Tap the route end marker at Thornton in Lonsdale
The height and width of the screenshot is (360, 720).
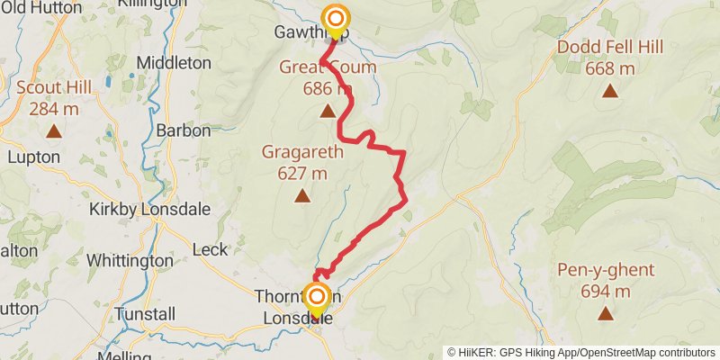[x=316, y=296]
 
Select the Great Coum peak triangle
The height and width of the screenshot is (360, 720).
[x=328, y=112]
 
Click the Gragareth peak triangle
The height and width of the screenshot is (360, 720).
[x=302, y=196]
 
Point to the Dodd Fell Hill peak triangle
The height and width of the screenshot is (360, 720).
[x=610, y=90]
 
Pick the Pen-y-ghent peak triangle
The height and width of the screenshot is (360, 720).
[x=605, y=313]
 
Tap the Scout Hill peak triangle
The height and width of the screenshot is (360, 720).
[x=53, y=131]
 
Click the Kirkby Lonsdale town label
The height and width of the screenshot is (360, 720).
[x=150, y=209]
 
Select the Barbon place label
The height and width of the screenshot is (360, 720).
[x=183, y=130]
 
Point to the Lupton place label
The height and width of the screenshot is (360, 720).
[x=33, y=157]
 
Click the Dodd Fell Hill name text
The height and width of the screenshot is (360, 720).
[x=610, y=47]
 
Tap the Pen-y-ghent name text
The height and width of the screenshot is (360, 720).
[x=605, y=270]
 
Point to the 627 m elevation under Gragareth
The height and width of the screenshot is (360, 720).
[x=302, y=173]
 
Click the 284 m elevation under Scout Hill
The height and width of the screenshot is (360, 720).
[x=54, y=109]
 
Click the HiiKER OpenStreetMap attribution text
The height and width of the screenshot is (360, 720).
[x=580, y=352]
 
